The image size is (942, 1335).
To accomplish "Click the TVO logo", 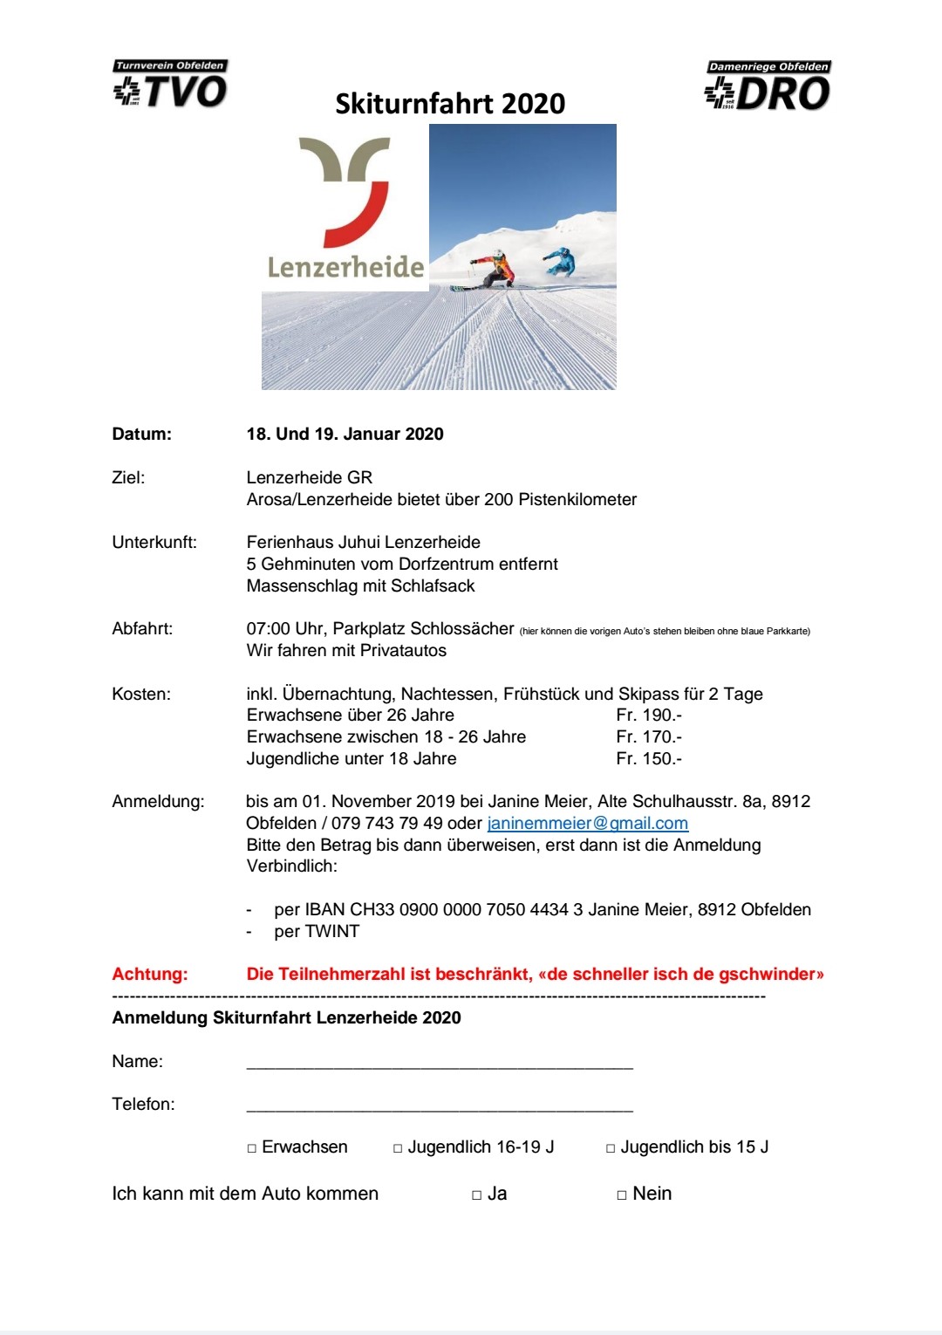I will pyautogui.click(x=170, y=85).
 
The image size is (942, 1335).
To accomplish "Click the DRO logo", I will pyautogui.click(x=768, y=86).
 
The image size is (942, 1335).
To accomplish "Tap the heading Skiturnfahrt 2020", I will pyautogui.click(x=450, y=104).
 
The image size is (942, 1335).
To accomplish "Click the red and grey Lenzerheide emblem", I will pyautogui.click(x=345, y=192).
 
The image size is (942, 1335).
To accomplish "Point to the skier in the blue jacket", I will pyautogui.click(x=560, y=261).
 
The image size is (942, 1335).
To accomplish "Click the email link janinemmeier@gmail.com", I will pyautogui.click(x=587, y=824).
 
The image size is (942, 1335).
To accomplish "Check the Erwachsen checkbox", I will pyautogui.click(x=252, y=1148).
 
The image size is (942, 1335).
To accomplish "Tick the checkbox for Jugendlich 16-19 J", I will pyautogui.click(x=398, y=1148).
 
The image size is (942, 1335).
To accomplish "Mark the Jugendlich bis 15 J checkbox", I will pyautogui.click(x=611, y=1148).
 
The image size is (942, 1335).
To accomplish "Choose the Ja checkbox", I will pyautogui.click(x=477, y=1195).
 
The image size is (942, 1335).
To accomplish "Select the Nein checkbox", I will pyautogui.click(x=622, y=1195).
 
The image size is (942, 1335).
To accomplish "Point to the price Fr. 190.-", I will pyautogui.click(x=649, y=715).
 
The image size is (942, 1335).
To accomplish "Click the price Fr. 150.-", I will pyautogui.click(x=649, y=759).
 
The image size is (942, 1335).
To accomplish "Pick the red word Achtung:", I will pyautogui.click(x=150, y=975).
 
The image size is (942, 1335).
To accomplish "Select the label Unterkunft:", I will pyautogui.click(x=154, y=543).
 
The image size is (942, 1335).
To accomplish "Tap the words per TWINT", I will pyautogui.click(x=317, y=932).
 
